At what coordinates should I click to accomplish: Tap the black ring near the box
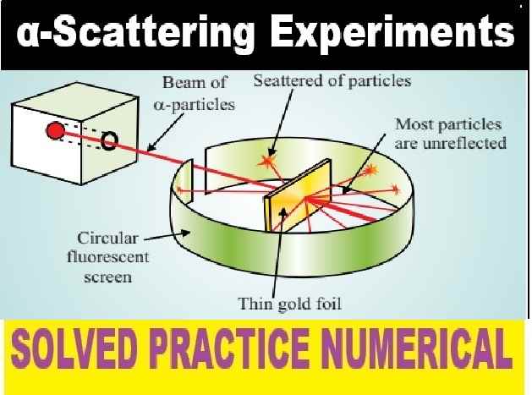point(109,140)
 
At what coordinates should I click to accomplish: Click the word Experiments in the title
point(396,35)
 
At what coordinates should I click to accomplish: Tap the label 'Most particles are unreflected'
point(450,134)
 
